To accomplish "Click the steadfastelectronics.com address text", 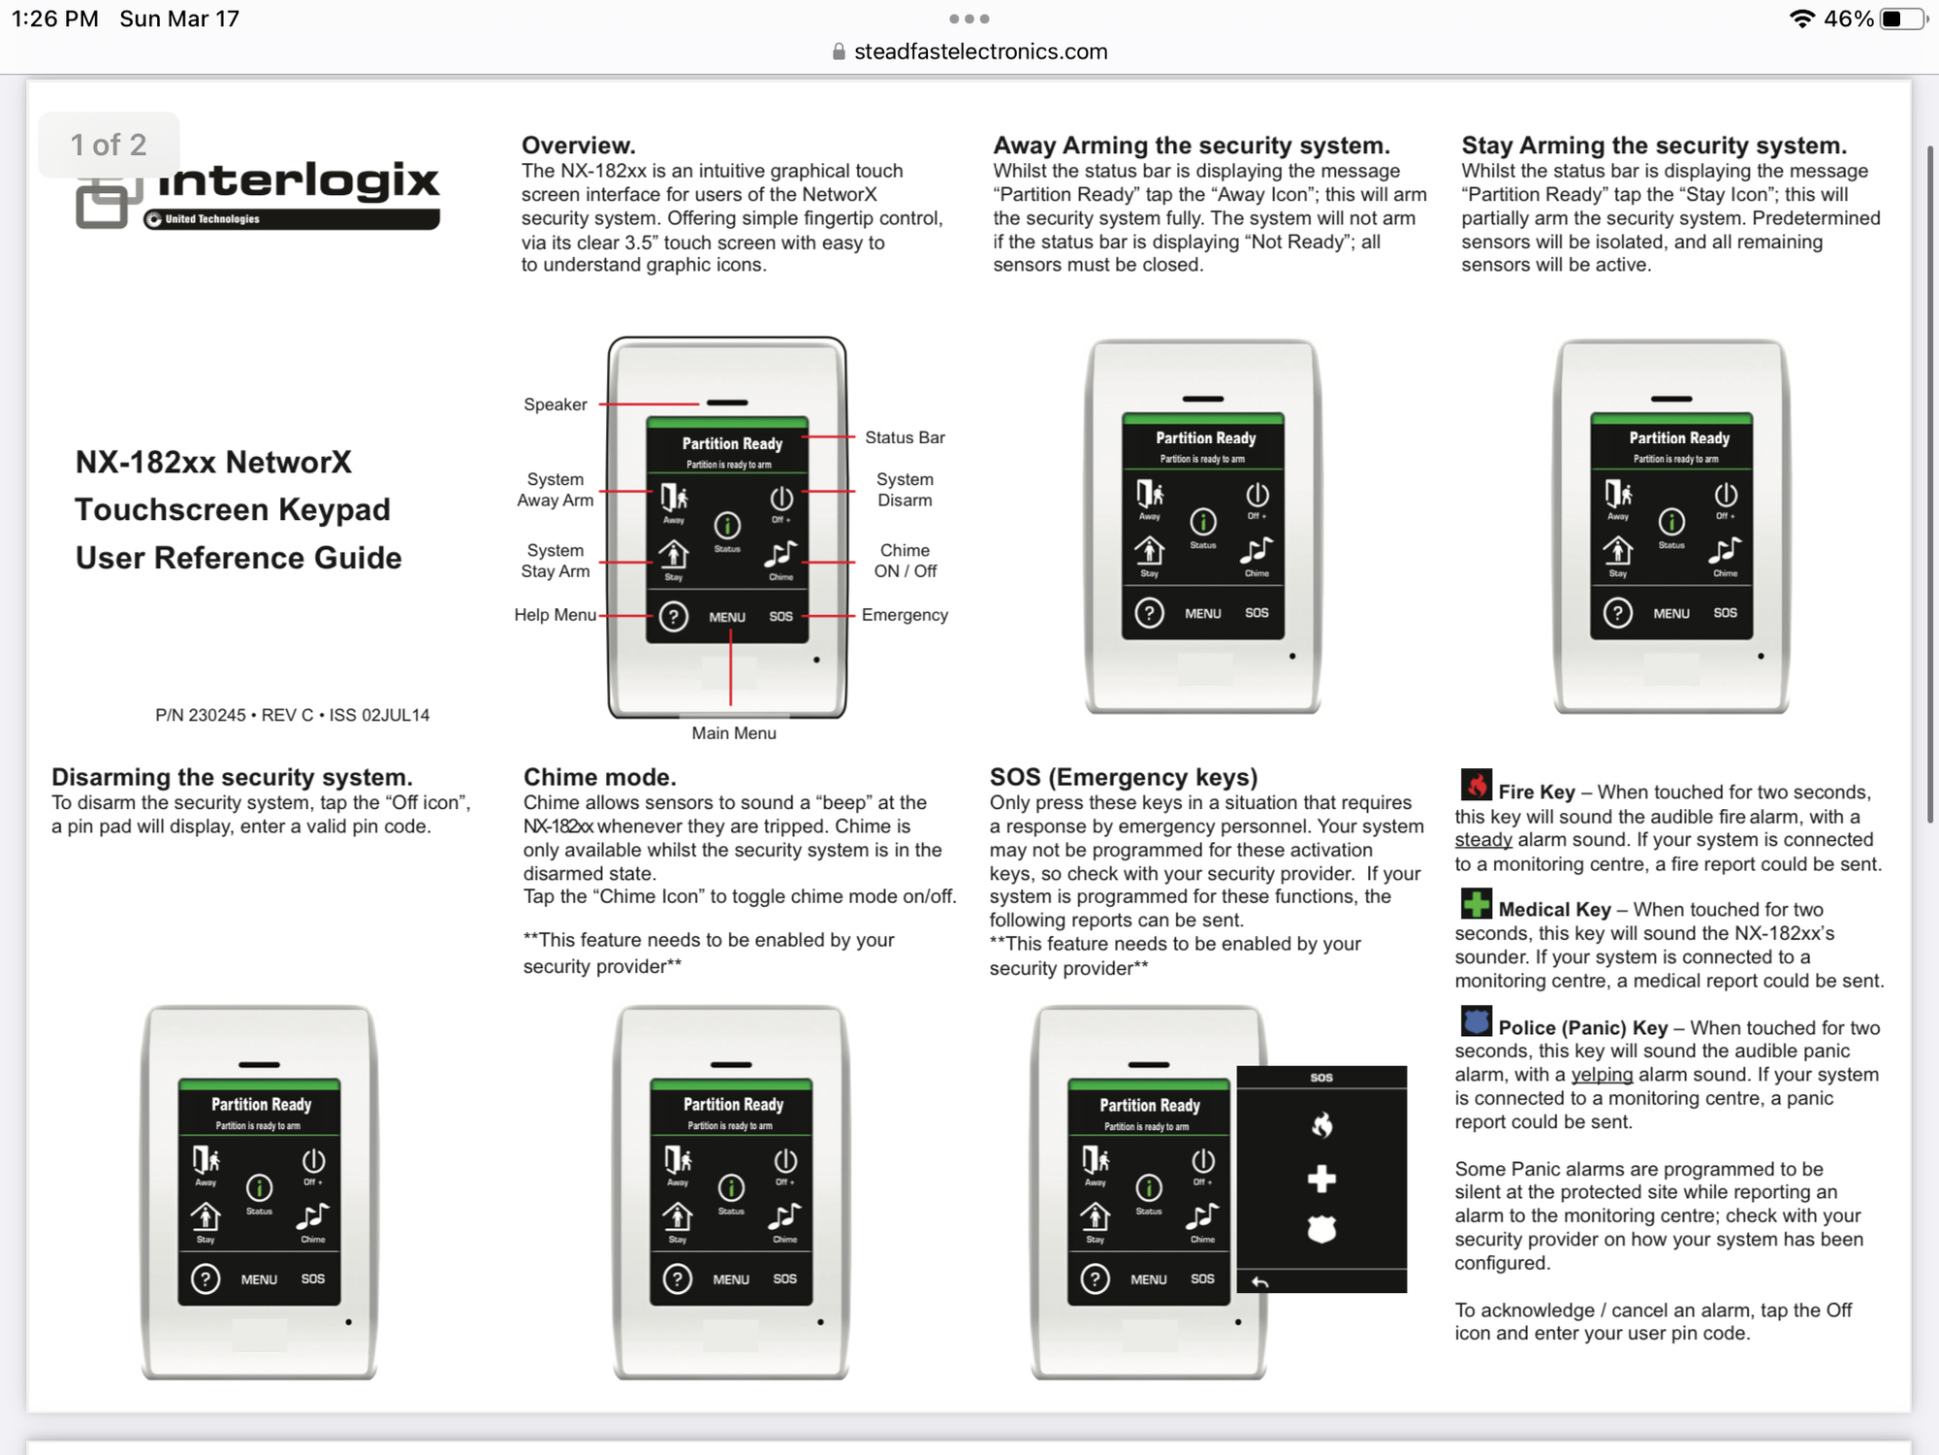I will pos(979,51).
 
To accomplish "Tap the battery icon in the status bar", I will pos(1901,19).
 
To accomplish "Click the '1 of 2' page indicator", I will pos(109,145).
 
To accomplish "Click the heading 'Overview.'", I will pos(579,145).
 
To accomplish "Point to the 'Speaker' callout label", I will pos(555,404).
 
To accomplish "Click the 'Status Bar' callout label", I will pos(905,437).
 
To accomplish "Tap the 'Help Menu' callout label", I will pos(555,615).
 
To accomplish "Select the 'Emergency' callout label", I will pos(905,615).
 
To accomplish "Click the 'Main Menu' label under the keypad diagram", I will pos(734,733).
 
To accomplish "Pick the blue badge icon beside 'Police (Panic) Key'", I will pos(1477,1021).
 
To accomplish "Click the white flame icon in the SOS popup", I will pos(1321,1125).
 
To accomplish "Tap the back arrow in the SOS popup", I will pos(1259,1282).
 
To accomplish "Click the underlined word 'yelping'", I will pos(1602,1075).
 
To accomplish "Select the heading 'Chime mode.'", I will pos(599,777).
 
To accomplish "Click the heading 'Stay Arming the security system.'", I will pos(1654,145).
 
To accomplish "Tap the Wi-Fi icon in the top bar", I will pos(1801,19).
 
